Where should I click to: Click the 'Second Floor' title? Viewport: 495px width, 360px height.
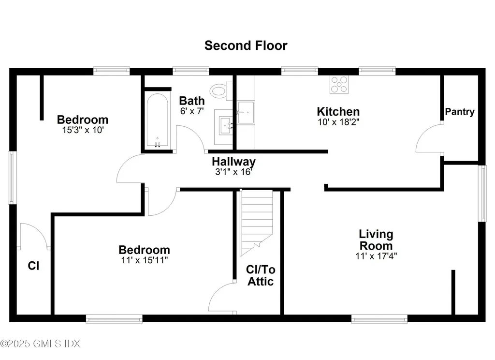pos(246,45)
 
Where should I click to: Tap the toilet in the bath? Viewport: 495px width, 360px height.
pos(220,90)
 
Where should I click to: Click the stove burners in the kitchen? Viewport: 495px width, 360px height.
pos(339,85)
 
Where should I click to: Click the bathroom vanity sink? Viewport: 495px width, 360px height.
pos(226,127)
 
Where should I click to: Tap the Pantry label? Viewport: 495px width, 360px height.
pos(460,112)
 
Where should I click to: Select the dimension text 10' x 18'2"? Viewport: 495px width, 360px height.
pos(338,122)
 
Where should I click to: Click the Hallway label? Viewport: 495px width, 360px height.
pos(233,162)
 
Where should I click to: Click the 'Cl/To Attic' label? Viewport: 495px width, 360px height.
pos(261,275)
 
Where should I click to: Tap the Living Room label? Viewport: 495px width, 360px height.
pos(376,240)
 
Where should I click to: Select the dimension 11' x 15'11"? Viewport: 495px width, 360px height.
pos(144,260)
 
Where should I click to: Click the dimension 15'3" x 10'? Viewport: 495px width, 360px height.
pos(82,130)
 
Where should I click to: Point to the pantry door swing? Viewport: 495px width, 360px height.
pos(428,139)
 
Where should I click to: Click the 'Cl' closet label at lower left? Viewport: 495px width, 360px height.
pos(33,266)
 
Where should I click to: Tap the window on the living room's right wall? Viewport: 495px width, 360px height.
pos(482,193)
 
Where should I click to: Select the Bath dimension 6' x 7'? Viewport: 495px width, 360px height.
pos(191,111)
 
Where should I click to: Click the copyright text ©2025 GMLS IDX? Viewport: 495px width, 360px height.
pos(40,344)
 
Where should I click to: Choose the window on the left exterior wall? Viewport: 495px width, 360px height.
pos(12,178)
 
